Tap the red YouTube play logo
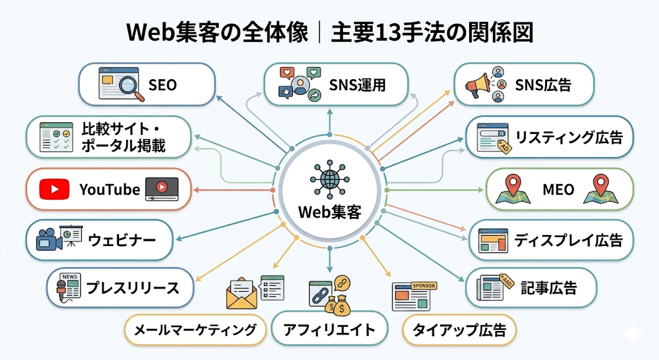coord(54,189)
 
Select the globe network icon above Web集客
coord(329,179)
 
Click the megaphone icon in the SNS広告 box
coord(478,84)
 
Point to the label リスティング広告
coord(568,137)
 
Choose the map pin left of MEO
coord(513,187)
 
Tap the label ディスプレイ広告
coord(568,240)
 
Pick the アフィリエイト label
coord(329,330)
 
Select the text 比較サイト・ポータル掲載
coord(124,137)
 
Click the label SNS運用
coord(357,84)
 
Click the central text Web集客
coord(329,211)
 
